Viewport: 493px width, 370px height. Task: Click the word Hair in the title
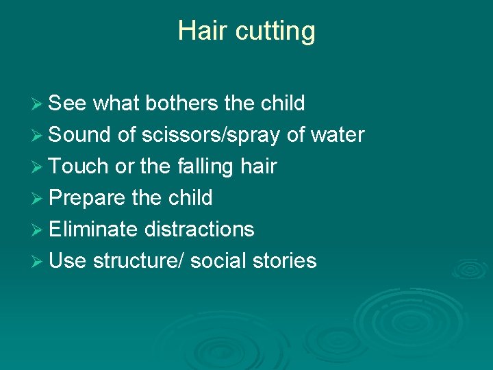tap(199, 31)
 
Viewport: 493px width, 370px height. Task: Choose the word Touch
tap(79, 166)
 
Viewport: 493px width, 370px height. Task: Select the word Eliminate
tap(93, 230)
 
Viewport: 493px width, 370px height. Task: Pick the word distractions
tap(199, 230)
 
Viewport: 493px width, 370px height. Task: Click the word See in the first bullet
tap(68, 103)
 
